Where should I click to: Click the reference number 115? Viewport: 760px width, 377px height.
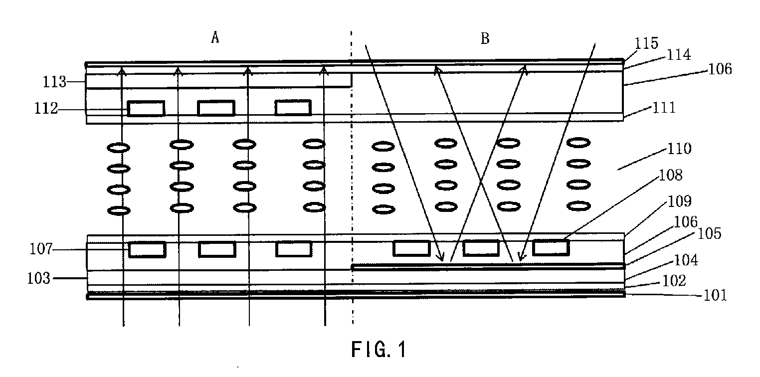pyautogui.click(x=646, y=43)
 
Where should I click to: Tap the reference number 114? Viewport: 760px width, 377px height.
pyautogui.click(x=679, y=55)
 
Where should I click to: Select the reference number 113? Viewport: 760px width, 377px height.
pyautogui.click(x=54, y=82)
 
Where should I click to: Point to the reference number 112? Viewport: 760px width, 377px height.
pyautogui.click(x=46, y=108)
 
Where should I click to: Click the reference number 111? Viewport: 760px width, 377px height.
pyautogui.click(x=664, y=108)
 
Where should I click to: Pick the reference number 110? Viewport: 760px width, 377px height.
pyautogui.click(x=679, y=149)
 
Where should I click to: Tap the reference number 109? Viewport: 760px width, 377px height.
pyautogui.click(x=680, y=201)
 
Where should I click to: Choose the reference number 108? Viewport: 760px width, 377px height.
pyautogui.click(x=671, y=175)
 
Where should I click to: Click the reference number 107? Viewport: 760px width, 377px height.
pyautogui.click(x=41, y=249)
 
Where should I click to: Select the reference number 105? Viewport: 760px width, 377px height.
pyautogui.click(x=709, y=233)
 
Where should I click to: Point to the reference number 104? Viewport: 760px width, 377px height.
pyautogui.click(x=686, y=260)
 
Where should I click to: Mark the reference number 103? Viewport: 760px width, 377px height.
pyautogui.click(x=39, y=278)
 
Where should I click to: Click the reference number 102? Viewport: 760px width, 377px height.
pyautogui.click(x=674, y=281)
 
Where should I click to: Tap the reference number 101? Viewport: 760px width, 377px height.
pyautogui.click(x=715, y=295)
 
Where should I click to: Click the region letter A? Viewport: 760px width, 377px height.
pyautogui.click(x=215, y=37)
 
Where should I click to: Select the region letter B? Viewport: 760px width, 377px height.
pyautogui.click(x=485, y=38)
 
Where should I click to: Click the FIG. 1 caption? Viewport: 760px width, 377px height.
pyautogui.click(x=379, y=349)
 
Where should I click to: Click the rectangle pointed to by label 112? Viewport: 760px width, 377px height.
pyautogui.click(x=146, y=108)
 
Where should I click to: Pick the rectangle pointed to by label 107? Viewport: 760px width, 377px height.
pyautogui.click(x=147, y=250)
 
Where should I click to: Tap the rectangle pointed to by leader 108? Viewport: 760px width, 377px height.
pyautogui.click(x=551, y=247)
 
